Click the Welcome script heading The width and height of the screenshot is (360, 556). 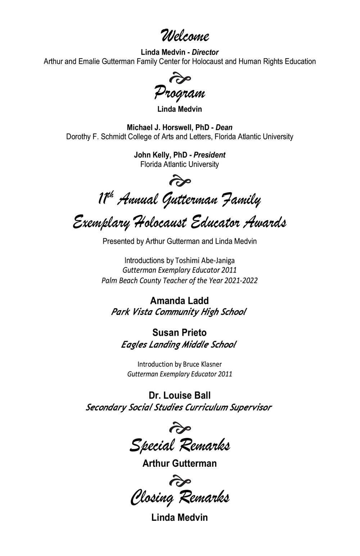184,36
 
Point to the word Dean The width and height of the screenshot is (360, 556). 224,127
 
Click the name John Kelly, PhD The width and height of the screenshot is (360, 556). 161,155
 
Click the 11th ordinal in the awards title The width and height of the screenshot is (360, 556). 106,198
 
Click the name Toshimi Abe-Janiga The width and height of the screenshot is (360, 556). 205,260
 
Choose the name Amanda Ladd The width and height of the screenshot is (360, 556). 179,300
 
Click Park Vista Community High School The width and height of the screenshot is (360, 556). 179,312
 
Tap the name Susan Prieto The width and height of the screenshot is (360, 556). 179,333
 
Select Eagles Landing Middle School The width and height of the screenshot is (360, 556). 179,345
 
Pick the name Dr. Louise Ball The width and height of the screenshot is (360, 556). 180,395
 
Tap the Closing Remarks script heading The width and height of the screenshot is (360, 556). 180,498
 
